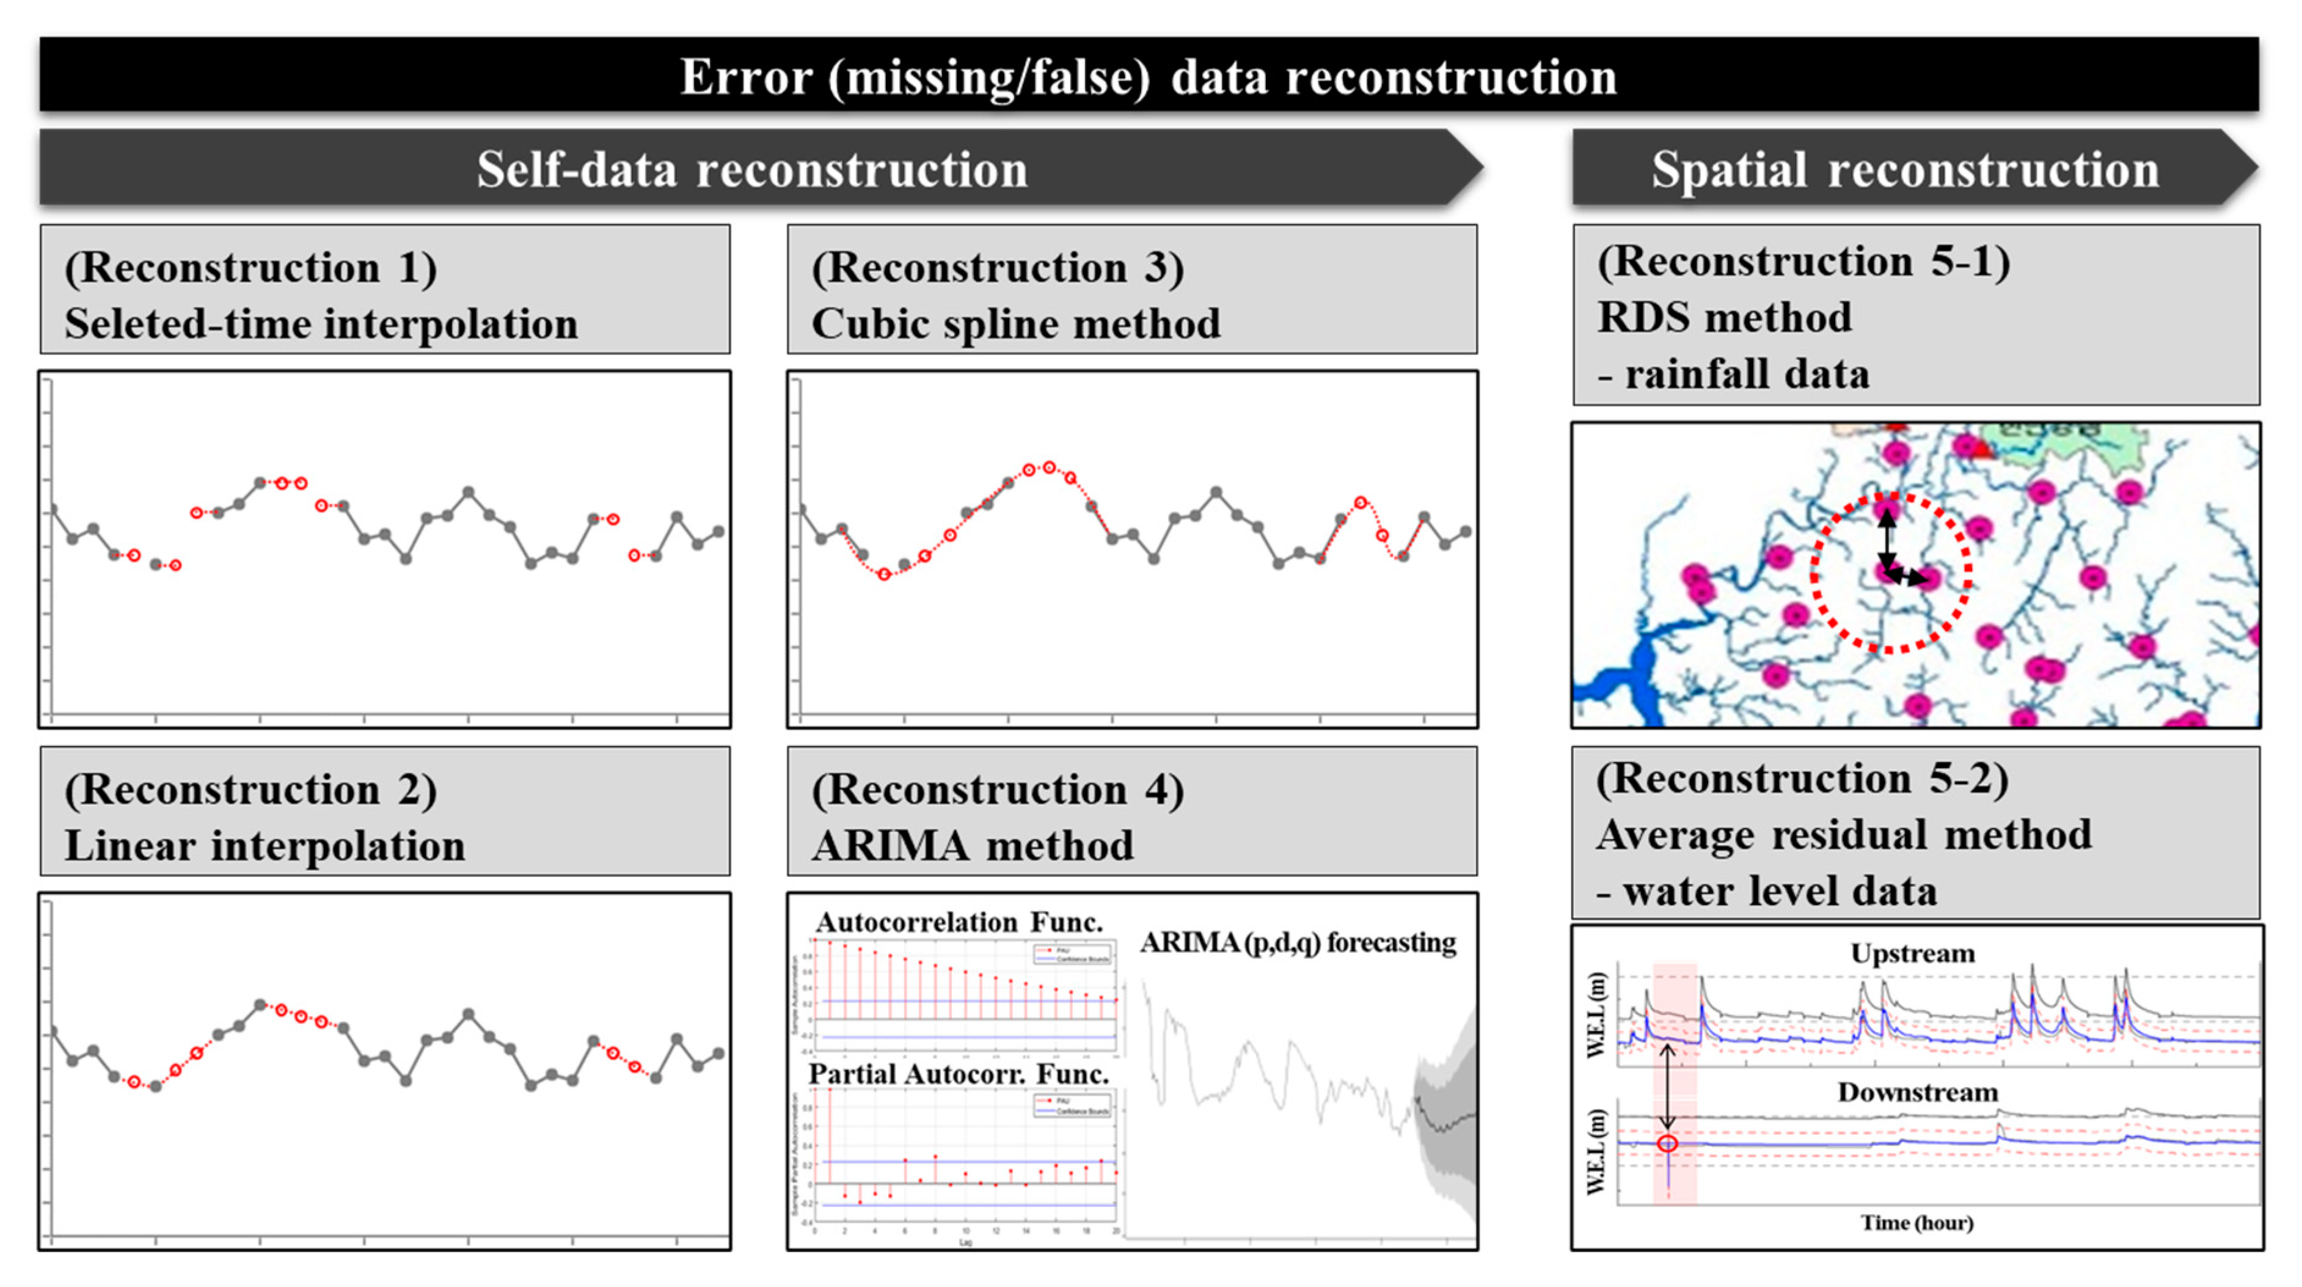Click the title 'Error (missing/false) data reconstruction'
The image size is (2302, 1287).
pos(1149,77)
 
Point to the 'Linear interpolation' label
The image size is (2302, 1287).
pos(265,846)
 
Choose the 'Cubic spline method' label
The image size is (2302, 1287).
pos(1015,323)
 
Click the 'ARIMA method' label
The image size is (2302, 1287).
pos(972,846)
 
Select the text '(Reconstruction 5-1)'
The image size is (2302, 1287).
pos(1803,262)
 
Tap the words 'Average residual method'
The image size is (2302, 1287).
pos(1844,835)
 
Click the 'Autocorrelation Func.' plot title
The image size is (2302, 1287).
pos(959,922)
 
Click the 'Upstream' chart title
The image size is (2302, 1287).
pos(1912,953)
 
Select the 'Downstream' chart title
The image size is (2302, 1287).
pos(1918,1092)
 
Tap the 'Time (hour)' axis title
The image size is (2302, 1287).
pos(1917,1223)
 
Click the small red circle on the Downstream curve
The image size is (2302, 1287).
pos(1667,1143)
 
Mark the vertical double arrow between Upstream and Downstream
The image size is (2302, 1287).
pos(1667,1088)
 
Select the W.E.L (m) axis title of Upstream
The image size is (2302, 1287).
pos(1597,1014)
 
